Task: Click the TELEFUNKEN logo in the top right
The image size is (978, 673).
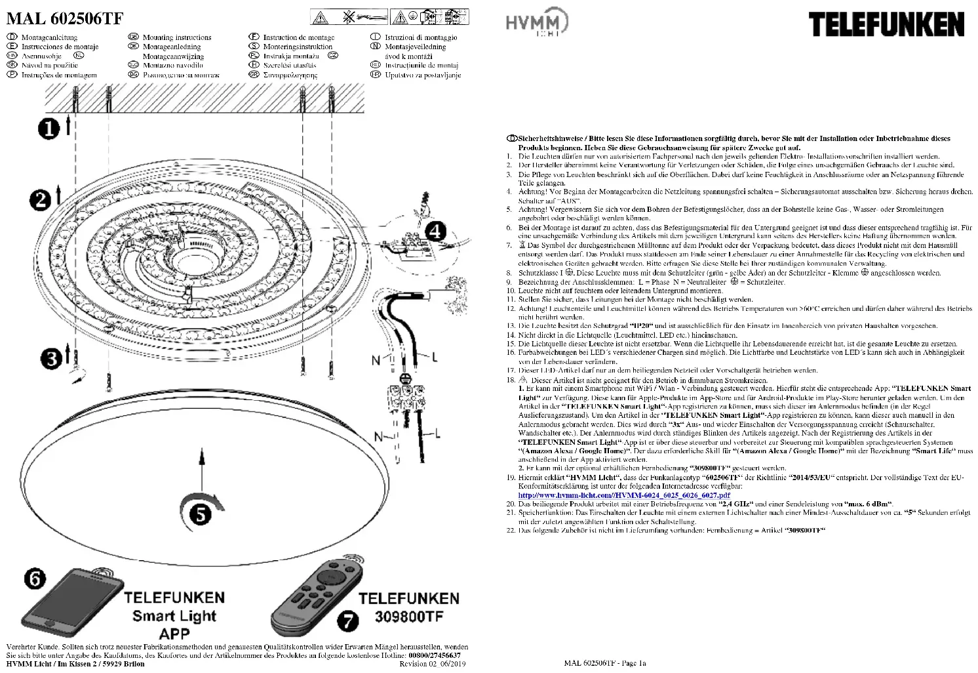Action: [x=886, y=25]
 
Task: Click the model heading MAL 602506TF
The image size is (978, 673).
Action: [x=64, y=18]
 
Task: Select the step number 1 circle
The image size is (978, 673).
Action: [x=49, y=129]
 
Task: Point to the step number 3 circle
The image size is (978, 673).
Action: [x=50, y=358]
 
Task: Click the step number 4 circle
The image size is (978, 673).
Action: [x=435, y=231]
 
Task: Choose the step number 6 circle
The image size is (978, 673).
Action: [x=35, y=578]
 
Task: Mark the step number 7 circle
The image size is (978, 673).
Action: [x=349, y=621]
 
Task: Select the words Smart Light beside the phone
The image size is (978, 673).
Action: [x=174, y=616]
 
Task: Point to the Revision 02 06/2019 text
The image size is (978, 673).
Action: [x=433, y=664]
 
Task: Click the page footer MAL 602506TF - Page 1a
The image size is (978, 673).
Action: [x=604, y=663]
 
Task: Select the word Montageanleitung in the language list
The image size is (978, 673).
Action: [x=49, y=37]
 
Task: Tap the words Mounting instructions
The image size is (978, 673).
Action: [x=177, y=37]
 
